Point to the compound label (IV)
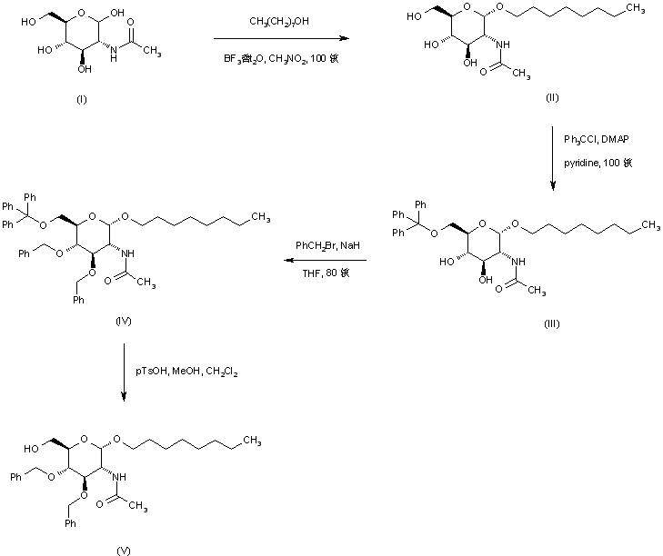(125, 321)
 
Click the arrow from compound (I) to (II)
(282, 39)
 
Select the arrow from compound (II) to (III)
(552, 160)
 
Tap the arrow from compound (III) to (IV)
(322, 261)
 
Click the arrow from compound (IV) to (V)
(124, 373)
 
